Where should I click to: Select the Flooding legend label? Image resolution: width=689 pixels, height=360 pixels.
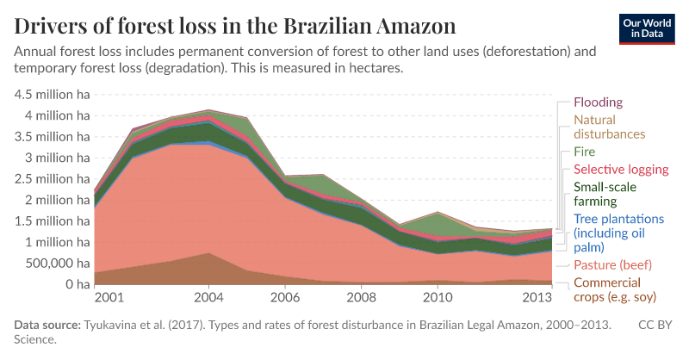[598, 102]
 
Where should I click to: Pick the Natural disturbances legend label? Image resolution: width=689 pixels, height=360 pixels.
[609, 127]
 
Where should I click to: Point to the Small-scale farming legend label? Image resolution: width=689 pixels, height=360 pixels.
[607, 194]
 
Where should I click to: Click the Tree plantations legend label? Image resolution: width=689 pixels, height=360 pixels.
[618, 226]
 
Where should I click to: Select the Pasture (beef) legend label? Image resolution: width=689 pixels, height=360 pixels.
[612, 265]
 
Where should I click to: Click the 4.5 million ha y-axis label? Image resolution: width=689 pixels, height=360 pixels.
[53, 95]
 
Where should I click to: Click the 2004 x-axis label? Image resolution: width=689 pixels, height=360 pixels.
[210, 299]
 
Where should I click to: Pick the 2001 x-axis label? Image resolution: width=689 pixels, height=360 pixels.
[109, 299]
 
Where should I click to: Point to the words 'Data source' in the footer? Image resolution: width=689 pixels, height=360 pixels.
[47, 326]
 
